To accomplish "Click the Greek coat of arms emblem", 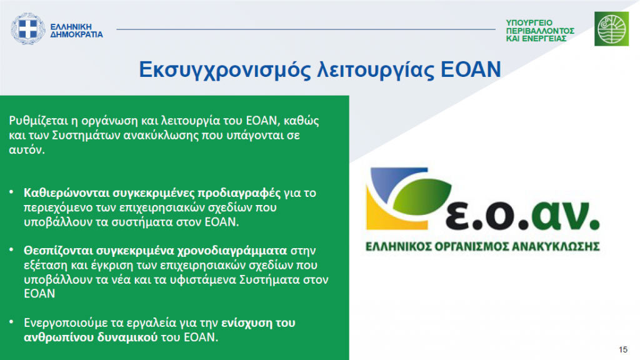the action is click(27, 29).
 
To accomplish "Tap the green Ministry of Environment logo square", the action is click(611, 29).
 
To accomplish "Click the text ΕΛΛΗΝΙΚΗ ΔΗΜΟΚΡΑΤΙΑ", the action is click(76, 31).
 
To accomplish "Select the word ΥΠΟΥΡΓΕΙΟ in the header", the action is click(529, 23).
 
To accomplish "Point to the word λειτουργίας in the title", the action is click(376, 70).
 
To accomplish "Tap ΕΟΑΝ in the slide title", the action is click(471, 69).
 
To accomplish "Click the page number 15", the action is click(623, 350).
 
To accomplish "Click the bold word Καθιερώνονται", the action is click(66, 192).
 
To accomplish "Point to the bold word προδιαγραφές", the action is click(239, 193).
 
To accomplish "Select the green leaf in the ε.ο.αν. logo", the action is click(422, 196).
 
